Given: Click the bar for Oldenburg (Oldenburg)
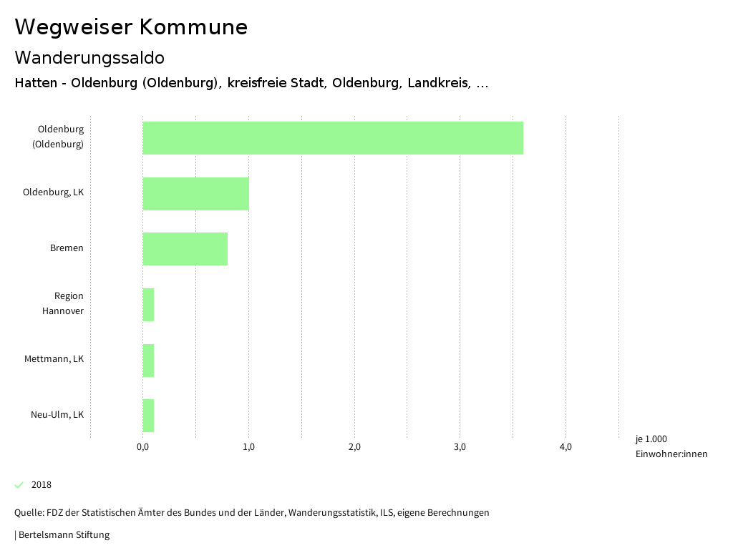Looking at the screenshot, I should (333, 138).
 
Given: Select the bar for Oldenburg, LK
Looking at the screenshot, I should (196, 194).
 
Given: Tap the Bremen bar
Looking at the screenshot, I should (185, 249).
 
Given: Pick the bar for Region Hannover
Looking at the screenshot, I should (148, 305).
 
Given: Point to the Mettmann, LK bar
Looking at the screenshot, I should (148, 361).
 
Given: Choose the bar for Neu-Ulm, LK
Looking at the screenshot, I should (148, 416).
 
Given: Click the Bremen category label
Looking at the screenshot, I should (67, 248).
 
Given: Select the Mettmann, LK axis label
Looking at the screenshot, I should (54, 359).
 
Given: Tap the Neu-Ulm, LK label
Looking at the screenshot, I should (57, 415).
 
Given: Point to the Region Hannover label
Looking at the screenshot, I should (63, 303).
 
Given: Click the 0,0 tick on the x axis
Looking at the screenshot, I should (142, 448).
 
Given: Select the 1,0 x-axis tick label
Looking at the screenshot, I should (248, 448).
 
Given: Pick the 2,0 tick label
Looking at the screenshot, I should (354, 448).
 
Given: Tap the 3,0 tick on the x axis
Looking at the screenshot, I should (460, 448).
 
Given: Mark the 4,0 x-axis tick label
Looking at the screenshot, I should (565, 448).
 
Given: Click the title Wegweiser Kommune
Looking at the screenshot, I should (131, 27).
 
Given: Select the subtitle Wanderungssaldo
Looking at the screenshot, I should (89, 58).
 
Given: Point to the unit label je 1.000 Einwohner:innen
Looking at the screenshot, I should (671, 446).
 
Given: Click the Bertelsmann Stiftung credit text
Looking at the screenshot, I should (62, 535).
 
